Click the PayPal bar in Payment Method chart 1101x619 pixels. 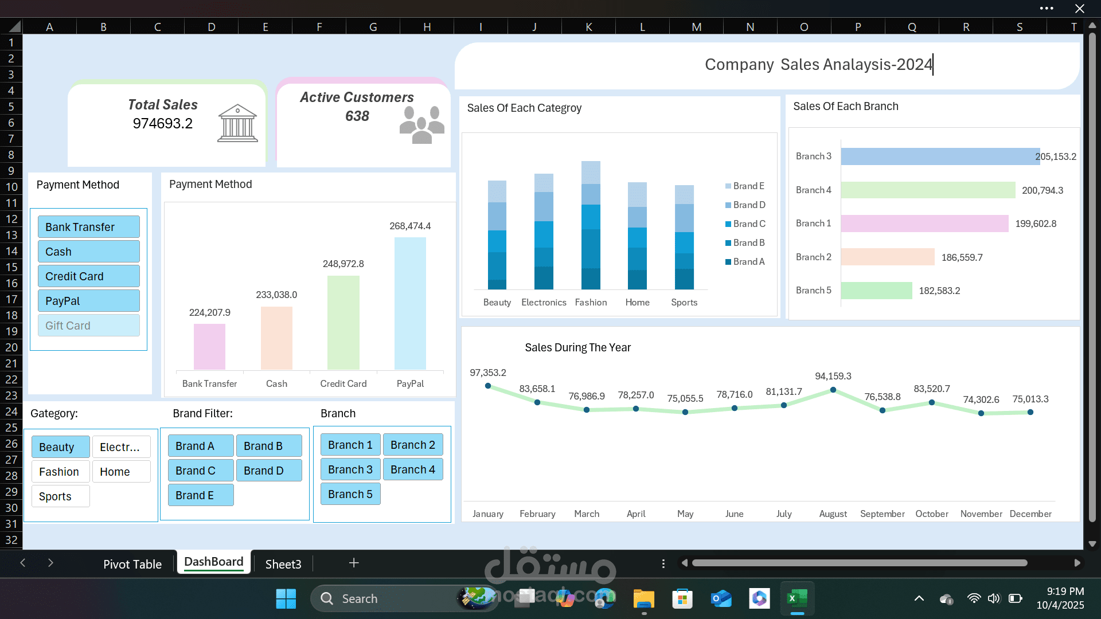click(410, 303)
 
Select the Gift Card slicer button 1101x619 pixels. click(89, 326)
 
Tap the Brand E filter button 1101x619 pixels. click(201, 495)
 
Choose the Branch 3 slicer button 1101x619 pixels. click(350, 469)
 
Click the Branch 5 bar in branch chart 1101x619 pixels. click(877, 291)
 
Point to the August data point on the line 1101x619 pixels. click(833, 390)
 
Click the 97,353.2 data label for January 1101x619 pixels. click(488, 373)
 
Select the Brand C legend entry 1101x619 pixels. click(745, 224)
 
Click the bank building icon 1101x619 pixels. click(237, 123)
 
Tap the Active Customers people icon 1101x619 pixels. click(422, 124)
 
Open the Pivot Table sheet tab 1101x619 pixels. click(132, 564)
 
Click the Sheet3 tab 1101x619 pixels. click(283, 564)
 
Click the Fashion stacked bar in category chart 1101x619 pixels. click(591, 225)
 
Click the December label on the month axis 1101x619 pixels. click(1030, 514)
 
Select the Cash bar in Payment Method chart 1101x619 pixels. click(276, 338)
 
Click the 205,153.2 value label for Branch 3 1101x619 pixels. click(1056, 156)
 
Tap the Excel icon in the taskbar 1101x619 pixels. click(797, 599)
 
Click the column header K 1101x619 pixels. click(588, 27)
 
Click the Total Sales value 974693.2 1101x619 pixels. click(163, 123)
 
